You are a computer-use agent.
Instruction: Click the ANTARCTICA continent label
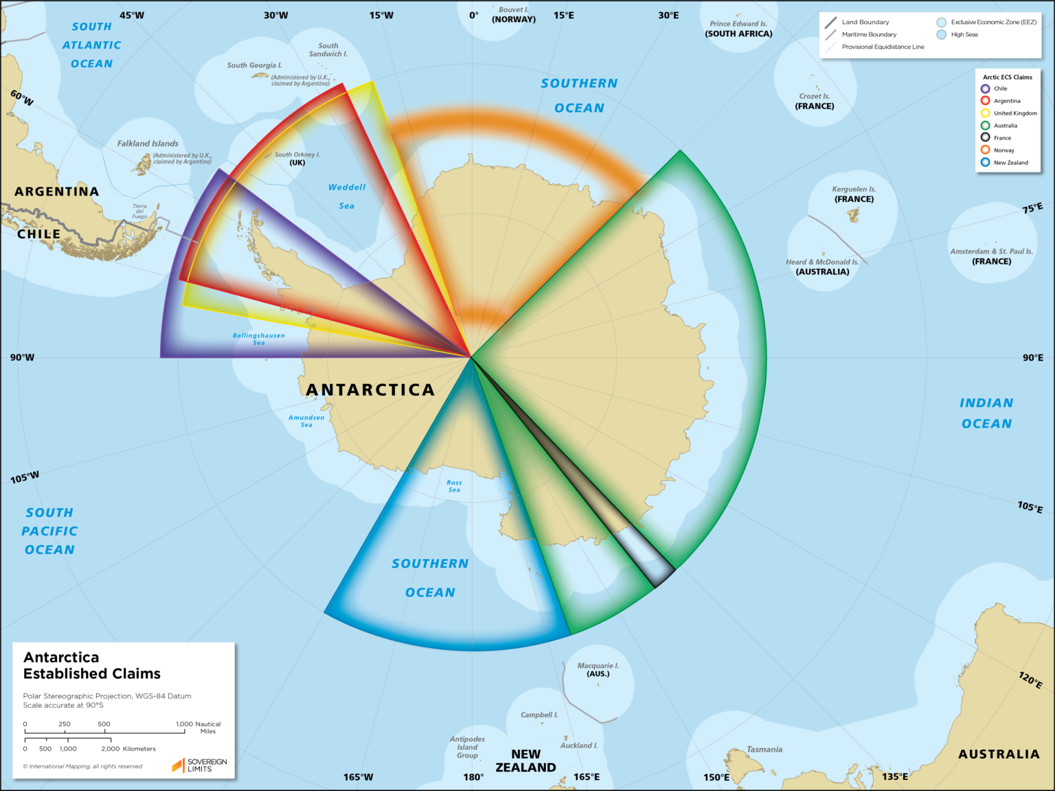coord(370,390)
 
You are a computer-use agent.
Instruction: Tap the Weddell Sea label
coord(347,196)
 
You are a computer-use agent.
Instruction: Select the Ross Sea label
coord(454,486)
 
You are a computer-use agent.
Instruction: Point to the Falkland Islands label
coord(148,144)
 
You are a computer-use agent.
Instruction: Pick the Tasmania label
coord(764,749)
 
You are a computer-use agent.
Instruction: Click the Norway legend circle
coord(985,150)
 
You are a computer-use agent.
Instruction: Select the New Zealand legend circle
coord(985,162)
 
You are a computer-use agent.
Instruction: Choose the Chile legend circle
coord(985,89)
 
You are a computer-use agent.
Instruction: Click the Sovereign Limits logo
coord(199,765)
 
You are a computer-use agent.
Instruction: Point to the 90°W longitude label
coord(22,357)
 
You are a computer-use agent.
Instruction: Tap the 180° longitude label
coord(473,777)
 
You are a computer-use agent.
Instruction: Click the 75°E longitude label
coord(1032,208)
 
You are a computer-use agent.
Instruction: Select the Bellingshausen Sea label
coord(259,339)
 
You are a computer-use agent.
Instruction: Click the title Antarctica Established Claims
coord(92,665)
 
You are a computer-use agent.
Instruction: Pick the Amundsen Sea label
coord(306,421)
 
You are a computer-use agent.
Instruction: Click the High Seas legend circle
coord(941,34)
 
